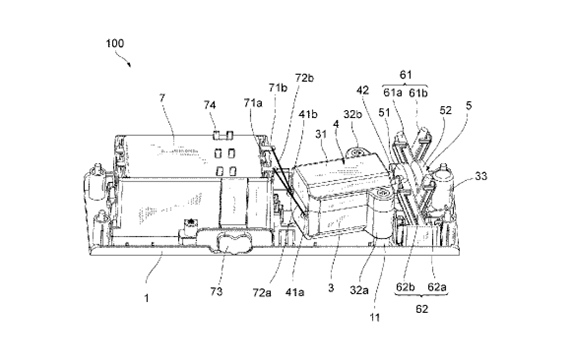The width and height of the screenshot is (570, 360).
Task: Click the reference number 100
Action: (115, 44)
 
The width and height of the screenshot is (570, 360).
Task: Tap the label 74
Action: (210, 105)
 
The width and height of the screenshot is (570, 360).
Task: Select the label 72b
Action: (305, 78)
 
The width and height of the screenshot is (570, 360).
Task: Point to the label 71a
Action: (253, 103)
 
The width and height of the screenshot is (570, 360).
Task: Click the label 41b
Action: (308, 114)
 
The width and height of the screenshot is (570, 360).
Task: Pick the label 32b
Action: (353, 114)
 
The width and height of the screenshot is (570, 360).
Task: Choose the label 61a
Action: (393, 93)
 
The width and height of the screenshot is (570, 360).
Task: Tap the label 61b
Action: (418, 93)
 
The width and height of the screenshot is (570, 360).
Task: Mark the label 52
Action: (445, 110)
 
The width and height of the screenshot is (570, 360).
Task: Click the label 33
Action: (481, 176)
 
